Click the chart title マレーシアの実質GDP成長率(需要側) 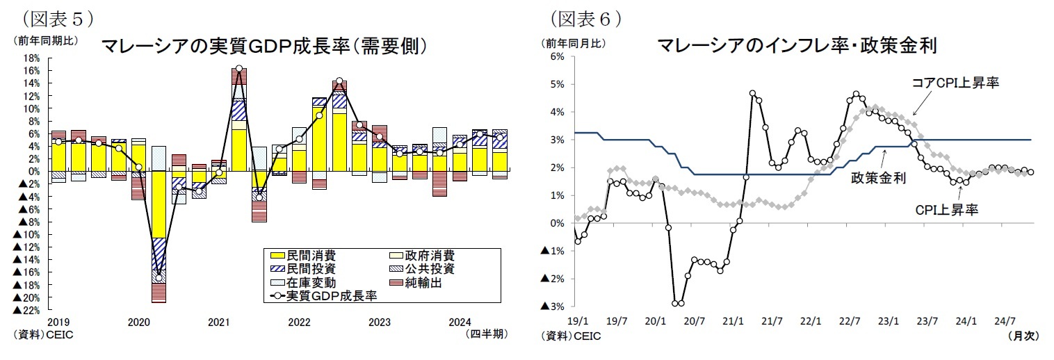(x=263, y=47)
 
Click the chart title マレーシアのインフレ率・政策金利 (x=797, y=47)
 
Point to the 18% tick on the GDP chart (x=31, y=58)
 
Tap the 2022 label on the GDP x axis (x=299, y=322)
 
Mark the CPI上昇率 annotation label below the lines (x=947, y=208)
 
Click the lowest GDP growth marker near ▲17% (x=159, y=278)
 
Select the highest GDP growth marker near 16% (x=239, y=69)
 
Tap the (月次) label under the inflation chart (x=1022, y=335)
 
